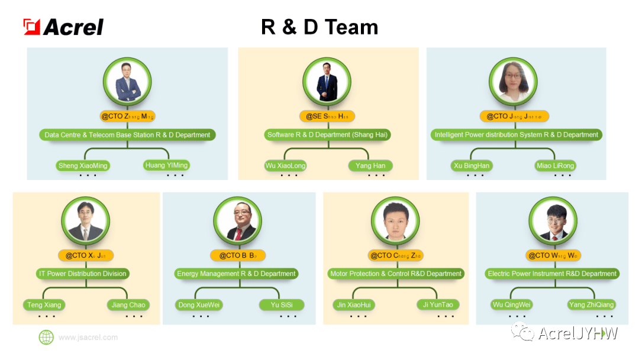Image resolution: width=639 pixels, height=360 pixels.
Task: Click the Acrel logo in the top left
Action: point(64,27)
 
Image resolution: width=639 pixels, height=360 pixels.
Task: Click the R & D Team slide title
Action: point(319,27)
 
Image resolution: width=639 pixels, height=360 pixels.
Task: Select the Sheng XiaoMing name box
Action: point(83,166)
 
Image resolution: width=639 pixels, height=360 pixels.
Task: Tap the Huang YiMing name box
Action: point(166,165)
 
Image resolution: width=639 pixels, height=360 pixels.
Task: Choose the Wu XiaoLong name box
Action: point(285,166)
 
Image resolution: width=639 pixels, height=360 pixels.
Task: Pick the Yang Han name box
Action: point(370,166)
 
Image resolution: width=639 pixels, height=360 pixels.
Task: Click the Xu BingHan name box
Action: point(472,166)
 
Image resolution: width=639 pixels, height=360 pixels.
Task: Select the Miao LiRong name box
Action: point(555,166)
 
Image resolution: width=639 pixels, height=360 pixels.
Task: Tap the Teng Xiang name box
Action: point(44,305)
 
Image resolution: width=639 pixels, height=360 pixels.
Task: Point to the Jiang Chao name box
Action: point(128,305)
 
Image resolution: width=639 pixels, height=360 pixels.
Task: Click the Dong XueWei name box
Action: point(199,305)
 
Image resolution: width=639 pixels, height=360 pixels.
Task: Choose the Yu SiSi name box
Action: point(282,305)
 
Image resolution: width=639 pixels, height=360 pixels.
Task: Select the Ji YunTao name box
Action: point(438,305)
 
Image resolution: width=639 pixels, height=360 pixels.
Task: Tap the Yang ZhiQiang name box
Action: point(592,305)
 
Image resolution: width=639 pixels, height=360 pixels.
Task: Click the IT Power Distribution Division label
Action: point(83,274)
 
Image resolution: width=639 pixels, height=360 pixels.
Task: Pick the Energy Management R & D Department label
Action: point(236,274)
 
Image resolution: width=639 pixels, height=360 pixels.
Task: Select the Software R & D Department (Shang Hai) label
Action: point(328,135)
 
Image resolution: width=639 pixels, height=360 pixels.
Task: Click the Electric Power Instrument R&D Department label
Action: point(552,274)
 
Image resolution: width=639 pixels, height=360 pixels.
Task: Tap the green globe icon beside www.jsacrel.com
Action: point(46,337)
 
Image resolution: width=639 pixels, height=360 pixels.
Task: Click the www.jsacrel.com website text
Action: point(88,337)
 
